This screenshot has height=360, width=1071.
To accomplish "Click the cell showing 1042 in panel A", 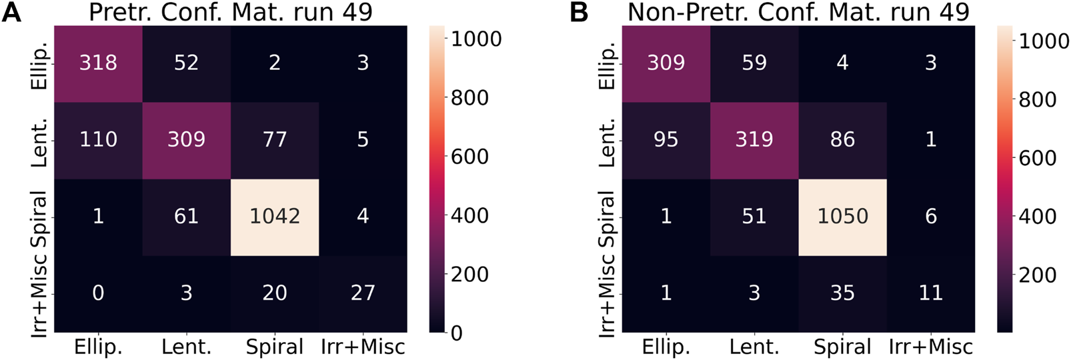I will pyautogui.click(x=275, y=217).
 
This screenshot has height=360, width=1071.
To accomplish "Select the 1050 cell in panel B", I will pyautogui.click(x=842, y=217).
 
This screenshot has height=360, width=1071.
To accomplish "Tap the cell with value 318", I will pyautogui.click(x=98, y=63).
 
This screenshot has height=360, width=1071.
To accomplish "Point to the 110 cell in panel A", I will pyautogui.click(x=98, y=140).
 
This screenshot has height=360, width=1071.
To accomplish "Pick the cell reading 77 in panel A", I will pyautogui.click(x=275, y=140).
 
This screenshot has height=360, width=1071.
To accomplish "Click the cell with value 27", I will pyautogui.click(x=363, y=293).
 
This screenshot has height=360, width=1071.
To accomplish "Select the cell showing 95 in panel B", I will pyautogui.click(x=666, y=140).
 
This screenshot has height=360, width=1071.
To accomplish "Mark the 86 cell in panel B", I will pyautogui.click(x=842, y=140).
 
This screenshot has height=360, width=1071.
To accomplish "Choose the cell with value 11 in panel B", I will pyautogui.click(x=930, y=293).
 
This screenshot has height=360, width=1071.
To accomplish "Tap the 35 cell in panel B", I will pyautogui.click(x=842, y=293).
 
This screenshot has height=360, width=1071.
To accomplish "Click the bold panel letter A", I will pyautogui.click(x=11, y=12).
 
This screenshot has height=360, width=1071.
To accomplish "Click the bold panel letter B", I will pyautogui.click(x=579, y=12).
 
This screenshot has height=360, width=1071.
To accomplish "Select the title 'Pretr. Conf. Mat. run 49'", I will pyautogui.click(x=231, y=12).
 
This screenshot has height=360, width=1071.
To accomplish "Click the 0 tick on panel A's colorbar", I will pyautogui.click(x=457, y=333).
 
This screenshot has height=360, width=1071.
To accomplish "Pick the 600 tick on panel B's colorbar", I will pyautogui.click(x=1038, y=158).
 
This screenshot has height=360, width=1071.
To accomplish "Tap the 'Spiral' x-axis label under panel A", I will pyautogui.click(x=275, y=347).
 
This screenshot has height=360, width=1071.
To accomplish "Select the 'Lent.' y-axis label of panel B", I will pyautogui.click(x=608, y=142).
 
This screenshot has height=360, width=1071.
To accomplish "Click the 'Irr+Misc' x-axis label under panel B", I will pyautogui.click(x=930, y=347).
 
